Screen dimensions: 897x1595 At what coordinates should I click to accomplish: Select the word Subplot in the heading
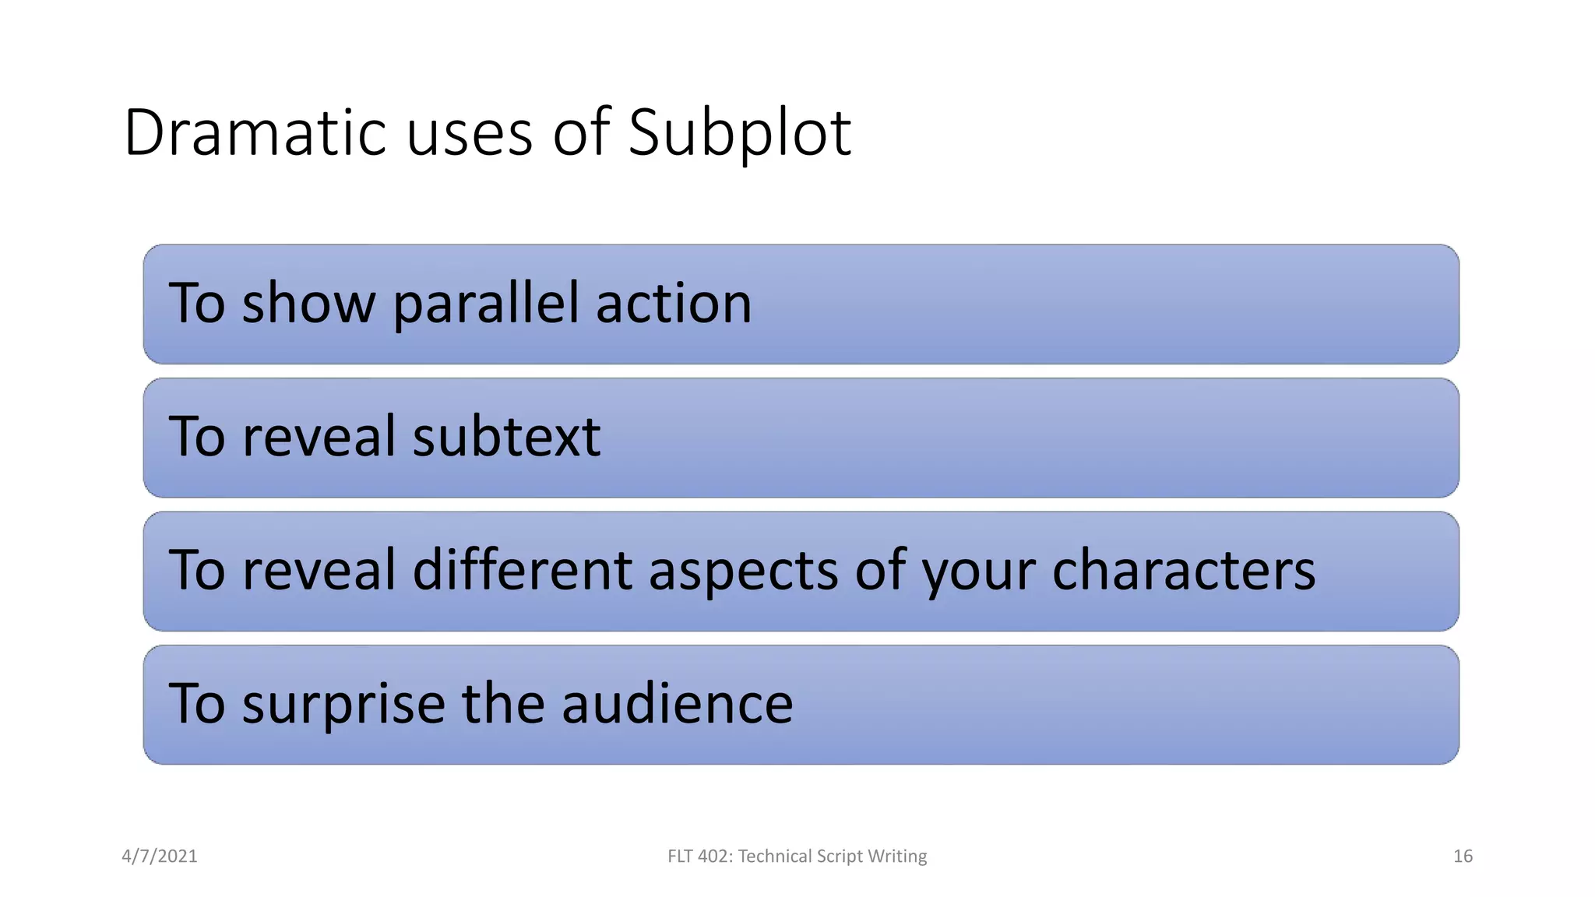point(739,134)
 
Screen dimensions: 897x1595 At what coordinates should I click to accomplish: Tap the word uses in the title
point(469,134)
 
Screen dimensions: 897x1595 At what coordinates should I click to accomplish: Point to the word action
point(674,304)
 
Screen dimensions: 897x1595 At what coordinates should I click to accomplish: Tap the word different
point(522,570)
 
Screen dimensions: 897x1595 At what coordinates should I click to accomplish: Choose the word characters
point(1183,570)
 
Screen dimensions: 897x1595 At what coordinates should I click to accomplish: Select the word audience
point(677,703)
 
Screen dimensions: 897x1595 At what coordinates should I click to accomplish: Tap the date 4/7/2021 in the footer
point(160,857)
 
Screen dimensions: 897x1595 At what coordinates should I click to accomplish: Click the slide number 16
point(1463,857)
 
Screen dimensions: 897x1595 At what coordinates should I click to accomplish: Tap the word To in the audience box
point(196,703)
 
